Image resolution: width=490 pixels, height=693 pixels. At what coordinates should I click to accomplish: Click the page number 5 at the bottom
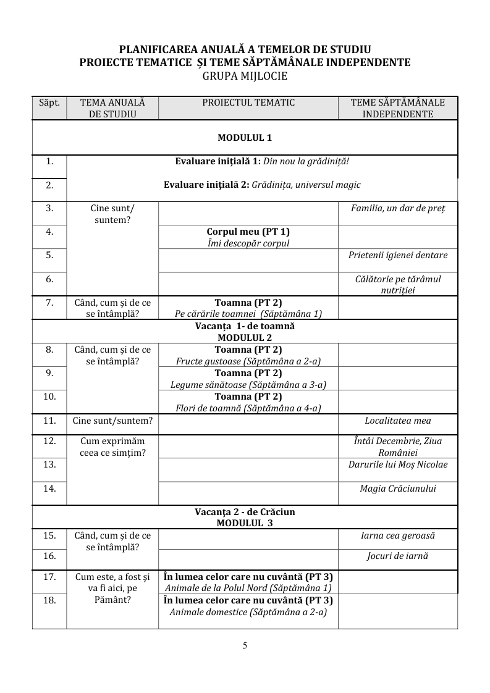click(245, 646)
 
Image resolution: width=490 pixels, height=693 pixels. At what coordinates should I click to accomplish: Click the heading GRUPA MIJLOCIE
click(245, 76)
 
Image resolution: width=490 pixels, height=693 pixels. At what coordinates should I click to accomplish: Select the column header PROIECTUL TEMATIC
click(248, 103)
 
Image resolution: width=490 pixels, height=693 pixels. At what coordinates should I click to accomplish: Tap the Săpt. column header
click(49, 103)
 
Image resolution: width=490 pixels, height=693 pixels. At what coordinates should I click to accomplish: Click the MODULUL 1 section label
click(245, 137)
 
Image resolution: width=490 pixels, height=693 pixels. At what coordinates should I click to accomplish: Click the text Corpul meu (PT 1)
click(248, 232)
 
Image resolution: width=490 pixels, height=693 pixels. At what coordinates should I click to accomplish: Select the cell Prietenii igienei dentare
click(398, 255)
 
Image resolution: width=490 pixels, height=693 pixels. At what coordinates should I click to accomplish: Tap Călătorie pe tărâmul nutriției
click(398, 284)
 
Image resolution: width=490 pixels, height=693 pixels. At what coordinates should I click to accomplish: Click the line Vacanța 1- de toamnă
click(245, 325)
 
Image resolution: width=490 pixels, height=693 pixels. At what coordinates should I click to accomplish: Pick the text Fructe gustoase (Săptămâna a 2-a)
click(248, 361)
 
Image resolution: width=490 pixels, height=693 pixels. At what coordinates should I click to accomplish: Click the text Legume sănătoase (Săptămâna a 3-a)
click(248, 385)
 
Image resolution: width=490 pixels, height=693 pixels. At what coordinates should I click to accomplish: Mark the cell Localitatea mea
click(398, 421)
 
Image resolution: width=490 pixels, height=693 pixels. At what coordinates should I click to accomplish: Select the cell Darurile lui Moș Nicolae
click(398, 464)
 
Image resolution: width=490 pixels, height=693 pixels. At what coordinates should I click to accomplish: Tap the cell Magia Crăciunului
click(398, 489)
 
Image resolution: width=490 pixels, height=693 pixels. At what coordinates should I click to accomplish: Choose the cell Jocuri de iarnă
click(398, 556)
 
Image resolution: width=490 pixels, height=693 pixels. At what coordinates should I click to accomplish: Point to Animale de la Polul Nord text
click(248, 588)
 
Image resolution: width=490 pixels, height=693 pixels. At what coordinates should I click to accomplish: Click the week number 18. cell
click(49, 600)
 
